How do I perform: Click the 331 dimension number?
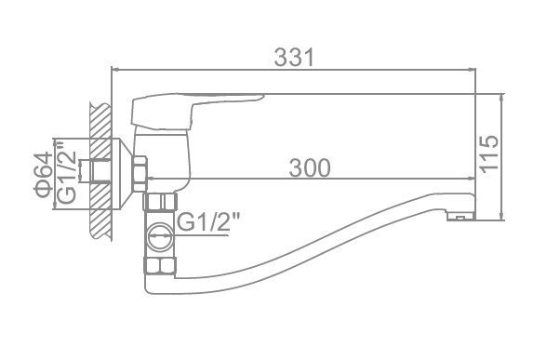[x=294, y=57]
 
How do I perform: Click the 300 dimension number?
[x=310, y=167]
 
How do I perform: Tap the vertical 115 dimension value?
[x=488, y=154]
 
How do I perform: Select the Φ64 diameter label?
[x=44, y=175]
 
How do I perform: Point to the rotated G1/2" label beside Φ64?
[x=67, y=172]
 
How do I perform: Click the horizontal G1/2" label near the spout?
[x=208, y=222]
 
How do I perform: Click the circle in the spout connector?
[x=160, y=237]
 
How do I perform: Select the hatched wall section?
[x=100, y=172]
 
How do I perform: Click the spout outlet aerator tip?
[x=460, y=216]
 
